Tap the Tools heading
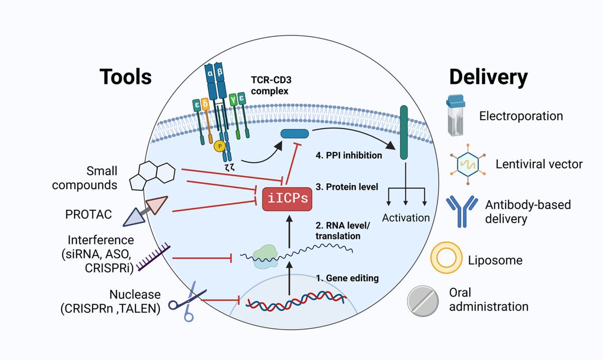pos(125,77)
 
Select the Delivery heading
pos(488,77)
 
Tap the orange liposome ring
pos(445,259)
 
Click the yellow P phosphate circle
pos(219,146)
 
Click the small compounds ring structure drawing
pos(151,176)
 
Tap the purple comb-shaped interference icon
pos(153,258)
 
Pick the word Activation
pos(406,218)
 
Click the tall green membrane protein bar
pos(404,133)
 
